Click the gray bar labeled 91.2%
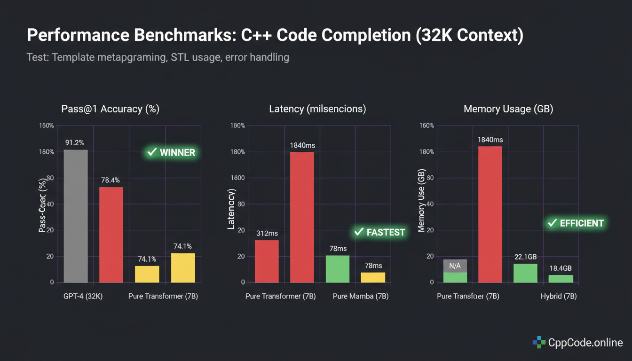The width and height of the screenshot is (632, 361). coord(76,216)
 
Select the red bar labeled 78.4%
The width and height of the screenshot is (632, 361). coord(111,235)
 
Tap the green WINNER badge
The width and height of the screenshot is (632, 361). coord(171,152)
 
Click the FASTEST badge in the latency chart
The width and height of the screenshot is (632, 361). coord(379,232)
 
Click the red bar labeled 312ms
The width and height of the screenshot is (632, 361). coord(267,261)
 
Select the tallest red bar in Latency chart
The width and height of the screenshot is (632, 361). coord(302,217)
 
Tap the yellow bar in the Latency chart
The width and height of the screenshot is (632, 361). coord(373,277)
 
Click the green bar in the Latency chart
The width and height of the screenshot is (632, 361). coord(338,269)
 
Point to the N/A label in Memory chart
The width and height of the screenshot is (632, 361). coord(455,266)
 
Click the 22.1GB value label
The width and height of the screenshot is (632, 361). coord(525,257)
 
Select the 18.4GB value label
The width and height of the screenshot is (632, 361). coord(561,268)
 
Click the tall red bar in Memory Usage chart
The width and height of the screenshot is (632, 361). coord(490,214)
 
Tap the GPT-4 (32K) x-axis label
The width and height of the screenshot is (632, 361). coord(83,297)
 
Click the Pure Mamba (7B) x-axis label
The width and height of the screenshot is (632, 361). coord(361,297)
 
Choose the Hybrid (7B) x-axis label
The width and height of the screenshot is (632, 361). coord(559,297)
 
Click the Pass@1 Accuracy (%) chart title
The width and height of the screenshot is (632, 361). coord(111,109)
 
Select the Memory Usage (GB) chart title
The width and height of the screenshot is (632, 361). coord(508,109)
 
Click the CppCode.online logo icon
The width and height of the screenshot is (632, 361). coord(539,342)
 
